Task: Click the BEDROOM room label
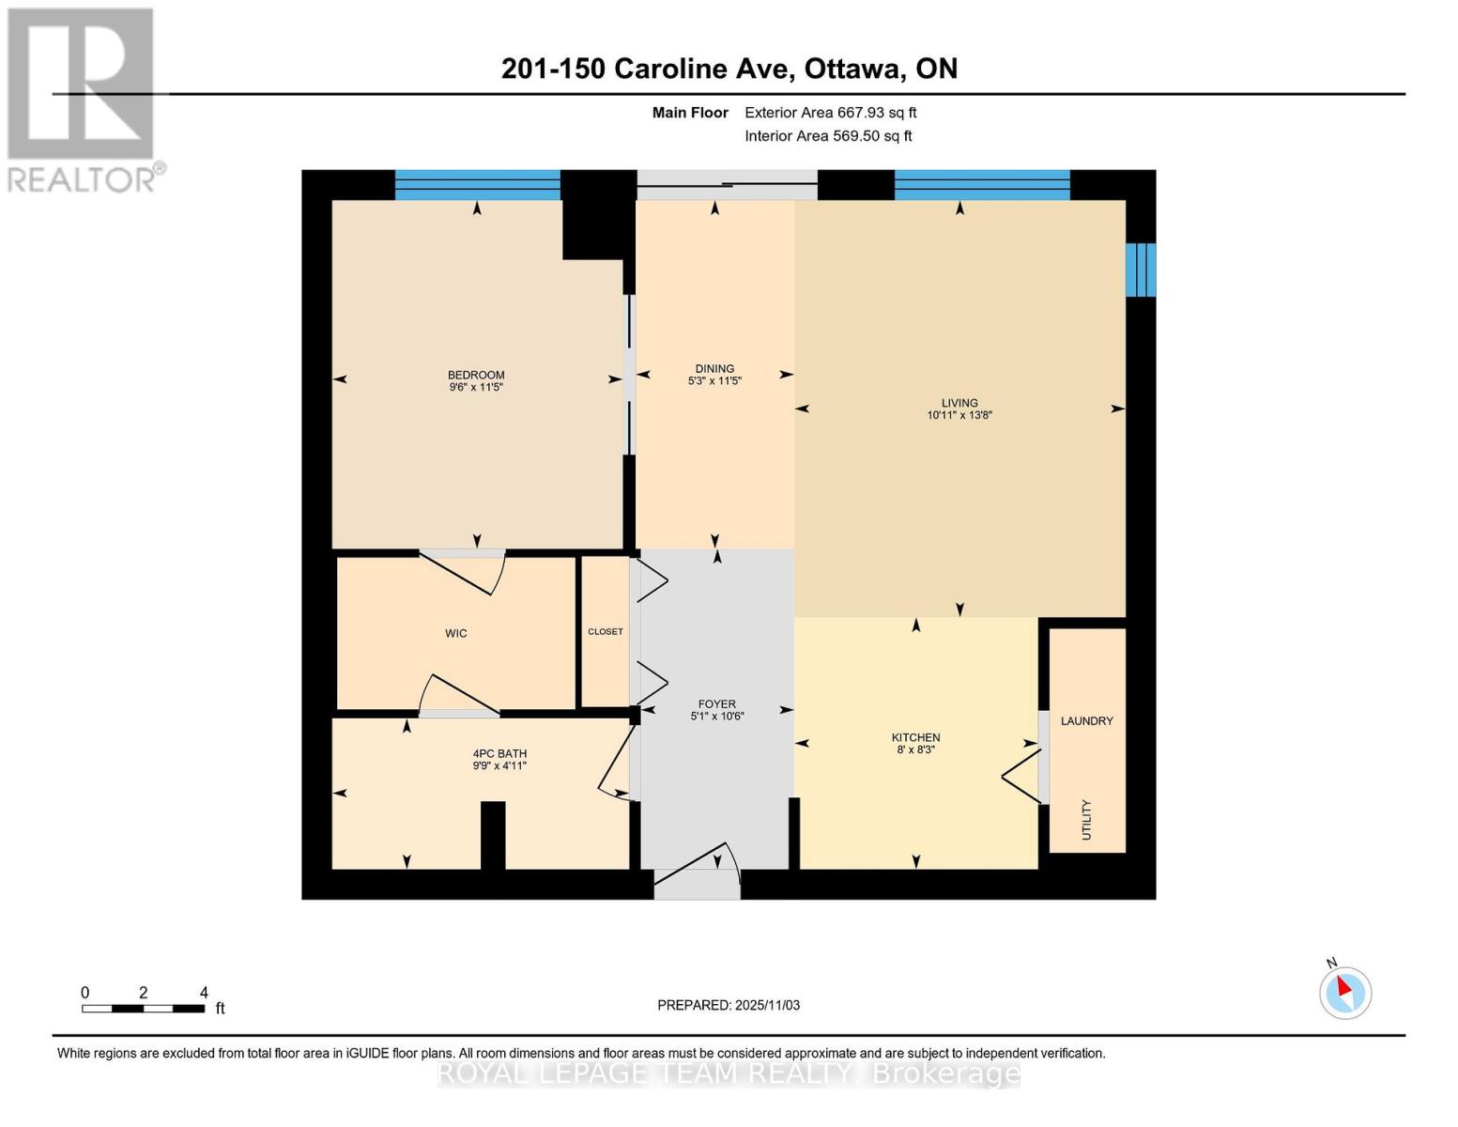pos(476,375)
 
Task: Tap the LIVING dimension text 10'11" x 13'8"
pos(959,415)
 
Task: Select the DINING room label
pos(714,368)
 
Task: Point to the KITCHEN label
pos(915,737)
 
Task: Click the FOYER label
pos(716,703)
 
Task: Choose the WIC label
pos(456,633)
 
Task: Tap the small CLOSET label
pos(605,631)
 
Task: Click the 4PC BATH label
pos(499,753)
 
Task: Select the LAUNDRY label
pos(1086,720)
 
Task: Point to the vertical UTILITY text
pos(1086,819)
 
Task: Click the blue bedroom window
pos(477,185)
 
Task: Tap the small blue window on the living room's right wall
pos(1140,270)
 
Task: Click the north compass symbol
pos(1344,992)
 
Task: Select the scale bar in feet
pos(143,1008)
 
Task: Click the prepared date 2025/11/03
pos(729,1005)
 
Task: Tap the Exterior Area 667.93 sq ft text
pos(830,113)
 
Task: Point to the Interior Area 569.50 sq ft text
pos(828,136)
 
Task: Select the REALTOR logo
pos(83,99)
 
